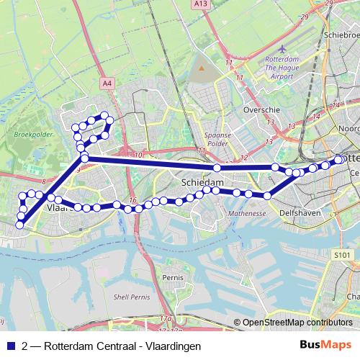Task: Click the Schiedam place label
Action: tap(202, 183)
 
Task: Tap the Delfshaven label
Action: tap(300, 213)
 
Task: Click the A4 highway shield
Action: tap(107, 84)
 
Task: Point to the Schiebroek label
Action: tap(341, 33)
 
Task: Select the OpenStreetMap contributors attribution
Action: tap(297, 323)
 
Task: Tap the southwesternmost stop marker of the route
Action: tap(19, 225)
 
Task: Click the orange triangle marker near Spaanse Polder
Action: tap(202, 69)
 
